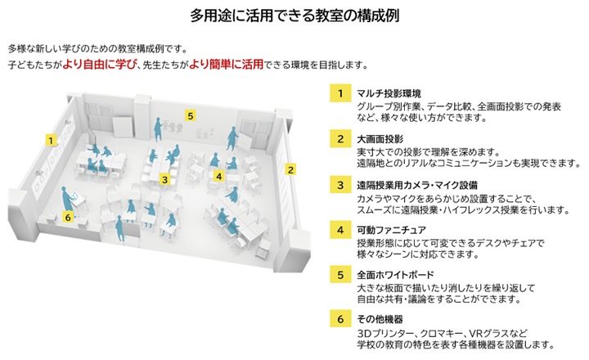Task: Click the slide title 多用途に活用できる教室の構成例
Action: pos(294,15)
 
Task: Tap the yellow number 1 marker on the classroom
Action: pos(52,140)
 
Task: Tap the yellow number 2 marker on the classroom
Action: pos(290,169)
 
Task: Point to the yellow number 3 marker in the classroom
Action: pos(164,178)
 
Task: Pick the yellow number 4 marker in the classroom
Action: pos(218,175)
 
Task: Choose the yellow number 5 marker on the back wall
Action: pos(190,115)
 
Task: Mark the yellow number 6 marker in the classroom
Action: pos(68,216)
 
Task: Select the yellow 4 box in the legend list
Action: pos(339,230)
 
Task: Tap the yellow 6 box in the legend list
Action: pos(339,320)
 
